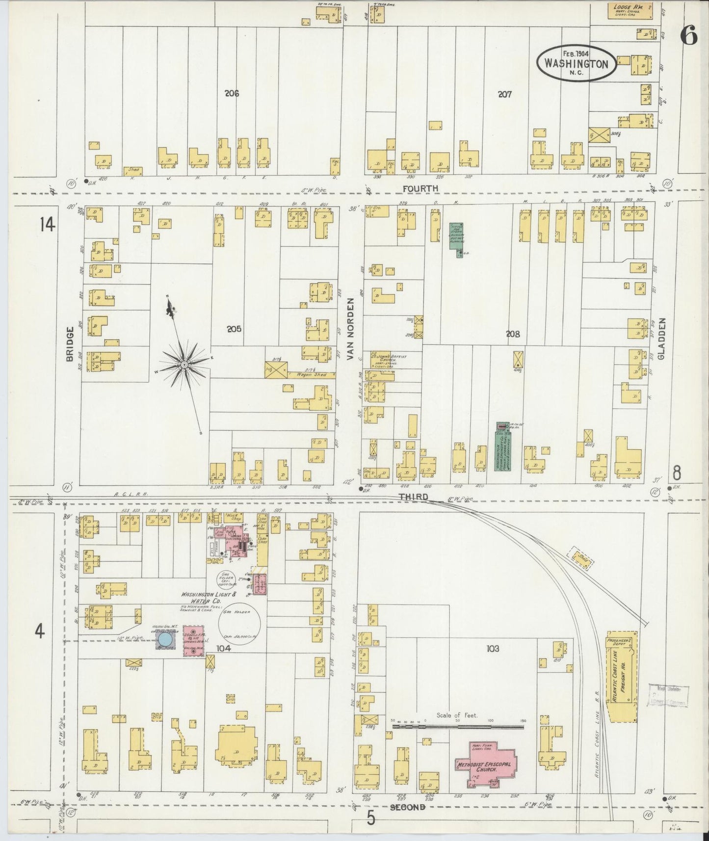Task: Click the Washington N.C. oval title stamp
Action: pos(577,64)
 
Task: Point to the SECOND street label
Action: pos(407,807)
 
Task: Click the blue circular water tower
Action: pos(165,640)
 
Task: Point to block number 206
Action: pos(232,93)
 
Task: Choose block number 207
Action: pos(504,94)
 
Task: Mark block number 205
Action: pos(234,329)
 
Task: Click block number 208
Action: pos(513,334)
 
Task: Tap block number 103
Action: pos(493,649)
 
